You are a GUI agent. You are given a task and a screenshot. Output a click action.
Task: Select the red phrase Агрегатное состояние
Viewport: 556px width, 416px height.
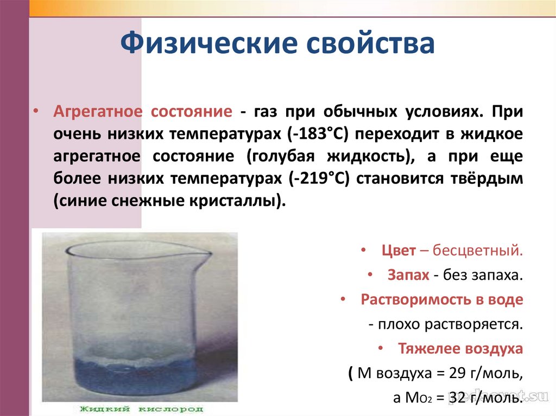tap(143, 112)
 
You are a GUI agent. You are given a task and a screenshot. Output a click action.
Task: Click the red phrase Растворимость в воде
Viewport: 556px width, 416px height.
tap(442, 299)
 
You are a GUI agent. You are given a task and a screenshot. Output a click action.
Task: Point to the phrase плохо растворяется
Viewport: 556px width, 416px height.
tap(448, 324)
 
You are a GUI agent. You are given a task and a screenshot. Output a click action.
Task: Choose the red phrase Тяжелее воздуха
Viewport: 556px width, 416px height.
tap(460, 348)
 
